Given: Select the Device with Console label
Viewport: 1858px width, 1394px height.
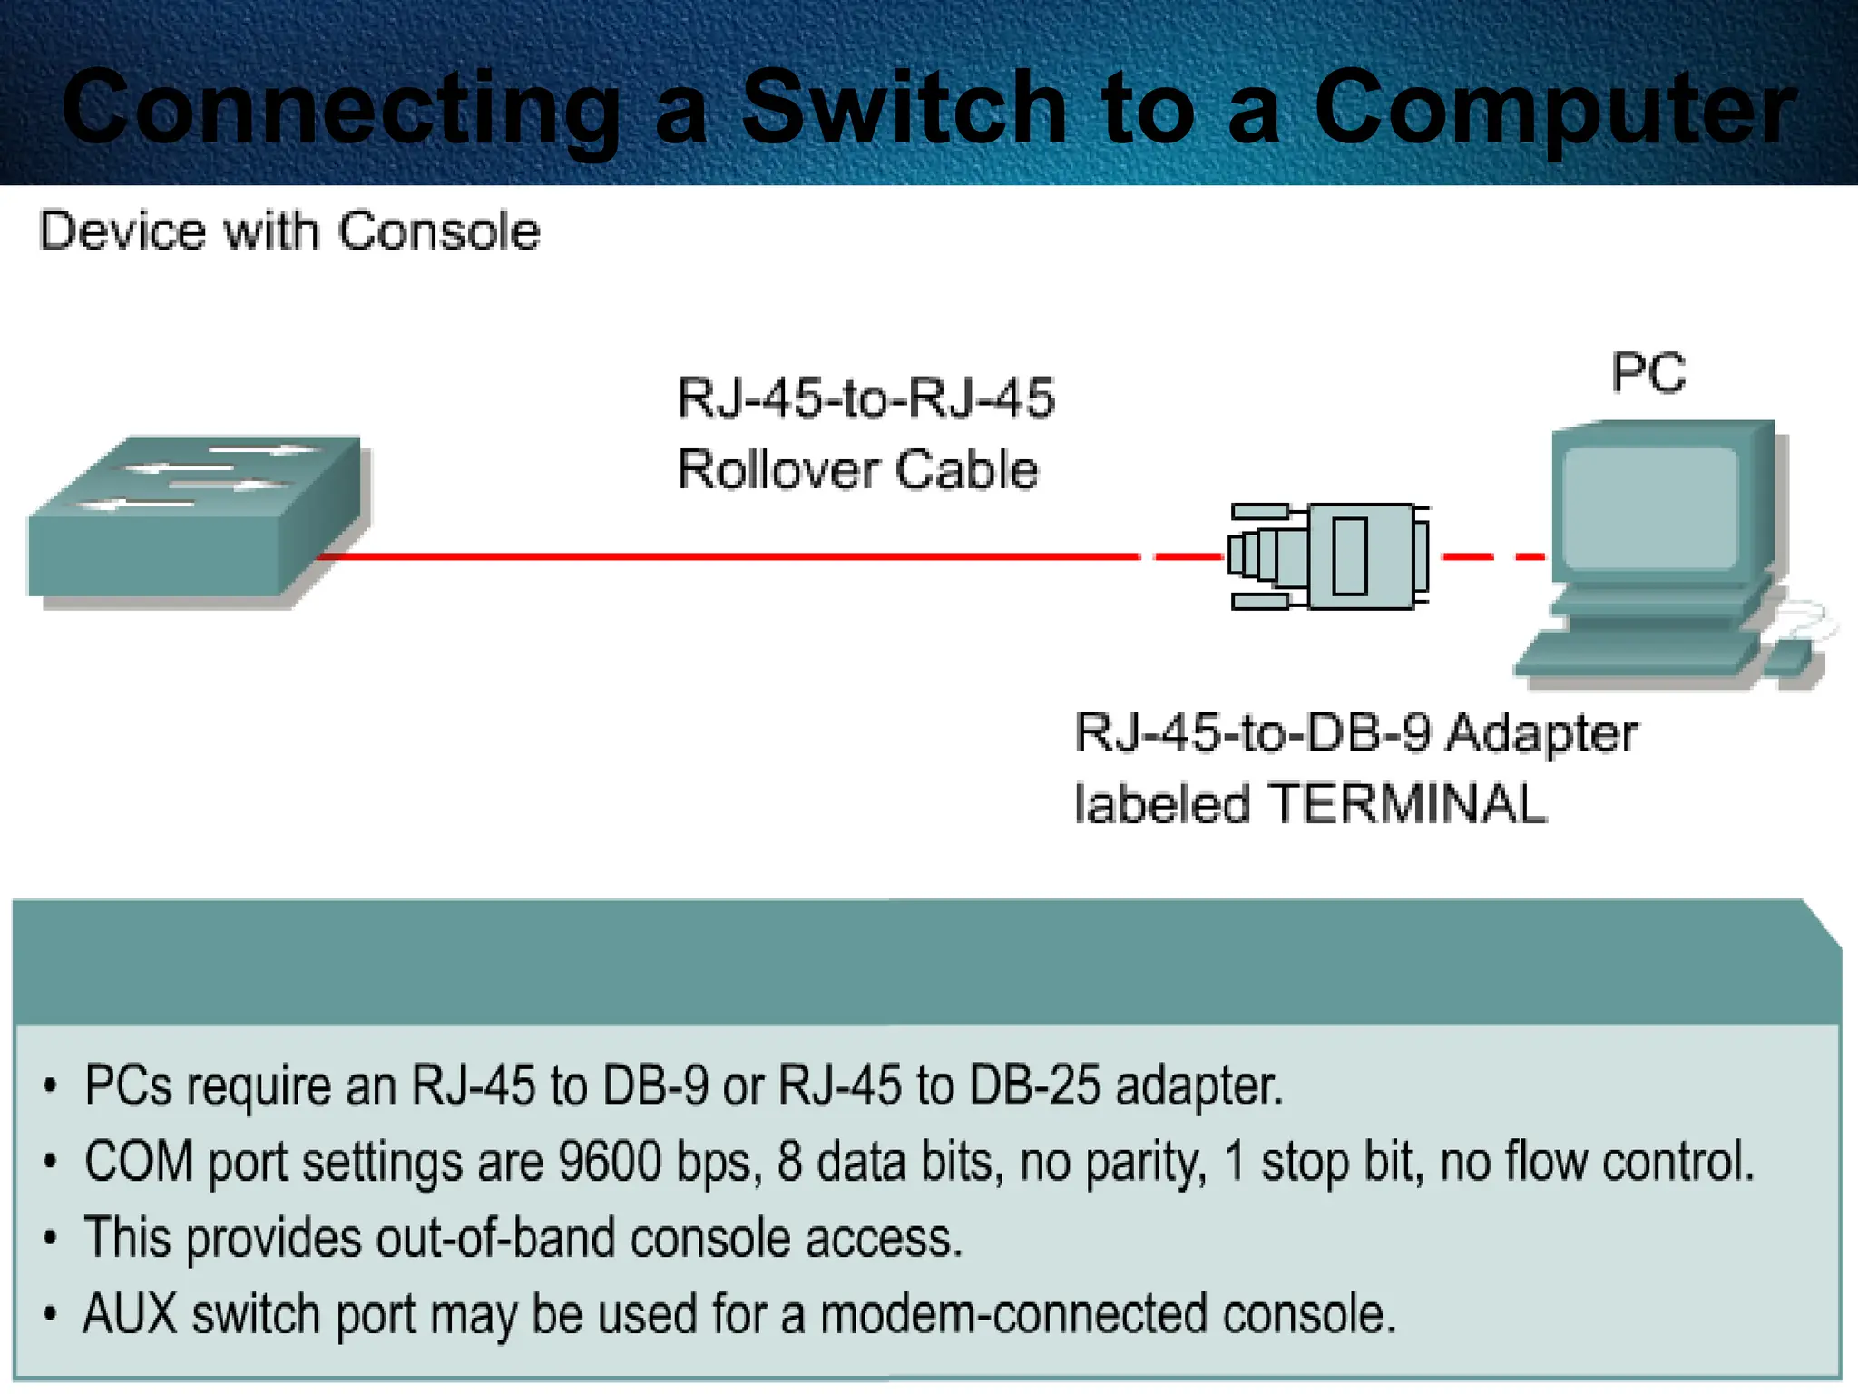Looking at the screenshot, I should (x=289, y=232).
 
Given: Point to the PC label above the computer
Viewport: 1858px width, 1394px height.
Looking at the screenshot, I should (x=1648, y=373).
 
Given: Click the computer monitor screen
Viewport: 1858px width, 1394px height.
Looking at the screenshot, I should (x=1649, y=508).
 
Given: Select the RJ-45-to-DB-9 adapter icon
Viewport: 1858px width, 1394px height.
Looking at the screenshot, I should (x=1329, y=556).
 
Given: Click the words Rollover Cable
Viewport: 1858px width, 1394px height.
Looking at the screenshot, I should (x=857, y=470).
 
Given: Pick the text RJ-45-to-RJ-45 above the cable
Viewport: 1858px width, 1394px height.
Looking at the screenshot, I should (x=865, y=398).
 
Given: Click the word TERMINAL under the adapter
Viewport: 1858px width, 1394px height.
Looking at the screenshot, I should (x=1407, y=805).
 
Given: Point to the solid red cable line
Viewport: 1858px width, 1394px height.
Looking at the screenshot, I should (x=726, y=556).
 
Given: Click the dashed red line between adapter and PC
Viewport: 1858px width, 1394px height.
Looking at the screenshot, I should (x=1492, y=556).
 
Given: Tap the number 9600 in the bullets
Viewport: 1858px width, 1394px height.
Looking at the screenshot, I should (x=610, y=1161).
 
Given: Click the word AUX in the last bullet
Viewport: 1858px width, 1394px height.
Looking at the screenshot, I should (x=130, y=1314).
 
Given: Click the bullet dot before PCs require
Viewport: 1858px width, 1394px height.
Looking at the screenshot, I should (x=51, y=1085).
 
